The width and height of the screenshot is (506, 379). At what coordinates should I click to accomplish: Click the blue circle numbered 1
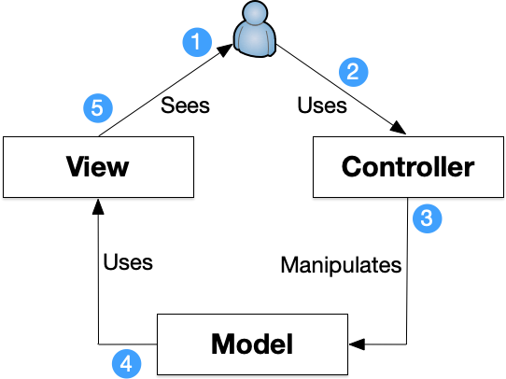tap(196, 42)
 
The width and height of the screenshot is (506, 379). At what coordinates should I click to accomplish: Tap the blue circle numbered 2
tap(353, 72)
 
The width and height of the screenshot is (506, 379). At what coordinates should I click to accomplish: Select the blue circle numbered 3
tap(427, 218)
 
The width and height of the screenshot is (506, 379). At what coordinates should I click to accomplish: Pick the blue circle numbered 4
tap(126, 363)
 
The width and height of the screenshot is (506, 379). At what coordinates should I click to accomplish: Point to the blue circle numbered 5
tap(97, 108)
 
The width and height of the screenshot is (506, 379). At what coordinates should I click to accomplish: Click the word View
tap(97, 167)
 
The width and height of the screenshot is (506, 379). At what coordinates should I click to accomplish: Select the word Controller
tap(408, 167)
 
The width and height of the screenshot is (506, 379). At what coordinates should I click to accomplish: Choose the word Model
tap(252, 344)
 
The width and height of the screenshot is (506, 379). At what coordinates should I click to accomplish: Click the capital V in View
tap(75, 167)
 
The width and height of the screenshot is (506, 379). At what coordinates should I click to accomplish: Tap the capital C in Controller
tap(352, 167)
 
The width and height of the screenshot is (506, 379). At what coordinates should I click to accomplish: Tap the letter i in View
tap(89, 167)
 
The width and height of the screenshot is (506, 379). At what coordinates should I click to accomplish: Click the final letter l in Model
tap(288, 344)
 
